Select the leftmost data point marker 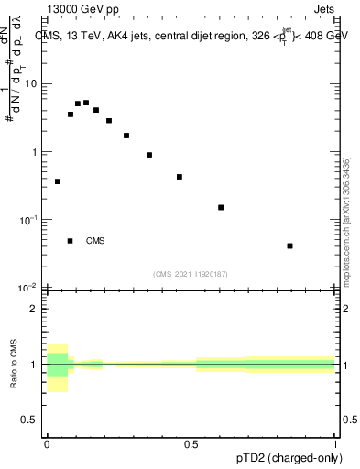(58, 181)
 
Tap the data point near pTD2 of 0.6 (221, 207)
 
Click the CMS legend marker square (70, 241)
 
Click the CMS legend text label (95, 241)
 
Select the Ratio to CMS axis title (14, 365)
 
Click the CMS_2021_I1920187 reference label (191, 273)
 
